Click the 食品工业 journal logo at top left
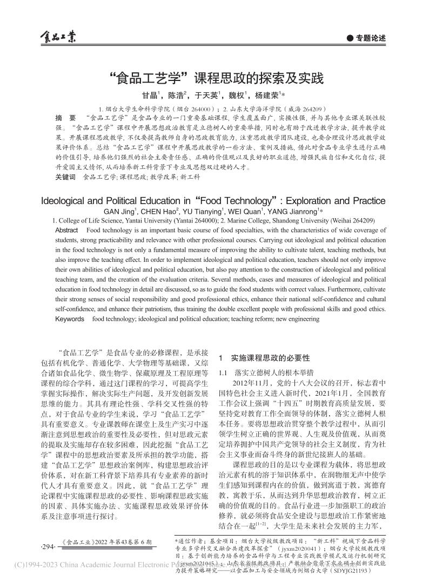[x=58, y=37]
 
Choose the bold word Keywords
[x=70, y=319]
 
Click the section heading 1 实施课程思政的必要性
[x=264, y=357]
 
